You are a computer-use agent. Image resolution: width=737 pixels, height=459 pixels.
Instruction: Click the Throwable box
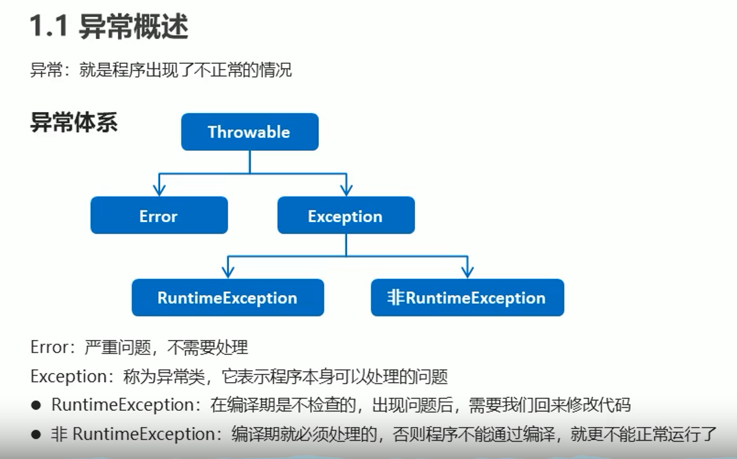click(249, 132)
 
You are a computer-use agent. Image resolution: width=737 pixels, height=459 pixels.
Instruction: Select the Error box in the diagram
click(159, 215)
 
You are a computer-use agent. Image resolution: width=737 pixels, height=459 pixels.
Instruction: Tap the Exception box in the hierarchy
click(346, 215)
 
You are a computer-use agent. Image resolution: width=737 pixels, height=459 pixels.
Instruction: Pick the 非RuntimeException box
click(467, 298)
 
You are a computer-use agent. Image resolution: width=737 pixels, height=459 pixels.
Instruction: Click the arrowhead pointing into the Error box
click(159, 189)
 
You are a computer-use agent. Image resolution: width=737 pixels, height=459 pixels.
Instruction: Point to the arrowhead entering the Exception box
click(346, 189)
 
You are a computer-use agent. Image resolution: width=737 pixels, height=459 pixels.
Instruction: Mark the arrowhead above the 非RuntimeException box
click(467, 271)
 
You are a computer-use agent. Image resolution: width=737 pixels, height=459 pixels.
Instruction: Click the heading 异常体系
click(74, 122)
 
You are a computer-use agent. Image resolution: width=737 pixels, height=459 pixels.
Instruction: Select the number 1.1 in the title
click(49, 26)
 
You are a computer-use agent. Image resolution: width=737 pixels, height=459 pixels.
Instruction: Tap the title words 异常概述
click(133, 26)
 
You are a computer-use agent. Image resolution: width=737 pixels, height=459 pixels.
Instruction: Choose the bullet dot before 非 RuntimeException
click(36, 434)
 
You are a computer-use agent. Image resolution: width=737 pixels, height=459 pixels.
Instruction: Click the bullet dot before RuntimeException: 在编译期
click(36, 406)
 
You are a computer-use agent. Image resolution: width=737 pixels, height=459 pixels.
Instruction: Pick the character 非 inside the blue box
click(396, 298)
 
